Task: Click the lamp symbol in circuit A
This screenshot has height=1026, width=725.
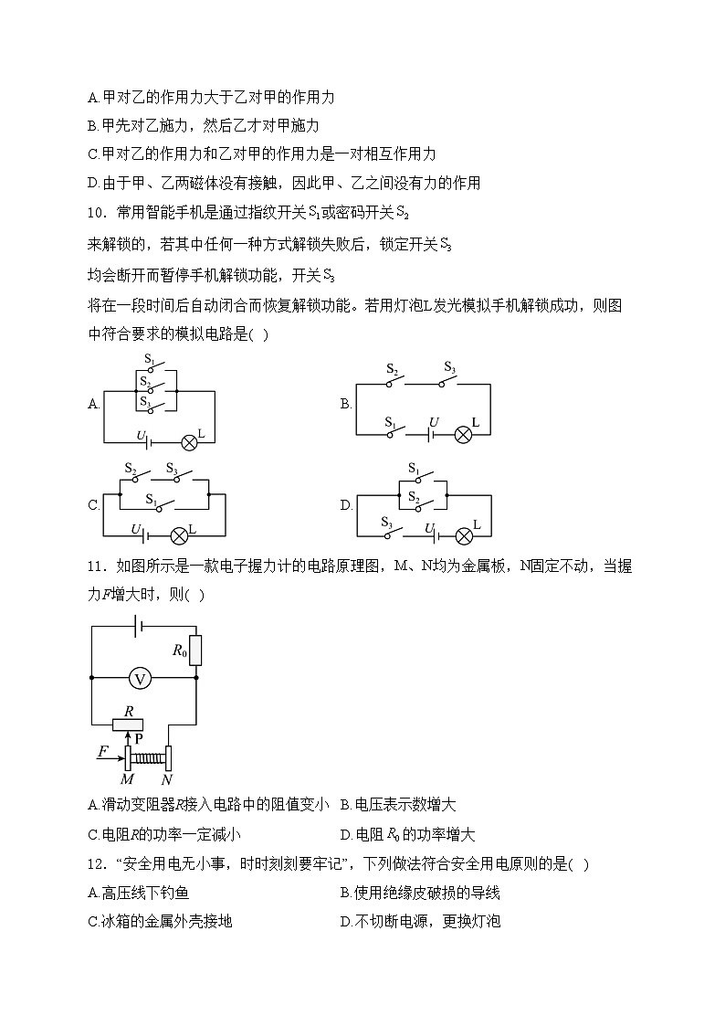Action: (x=189, y=442)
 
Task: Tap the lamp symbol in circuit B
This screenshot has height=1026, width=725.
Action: (x=463, y=434)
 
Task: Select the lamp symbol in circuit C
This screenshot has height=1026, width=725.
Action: (x=179, y=535)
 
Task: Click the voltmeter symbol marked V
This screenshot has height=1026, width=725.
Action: (x=140, y=678)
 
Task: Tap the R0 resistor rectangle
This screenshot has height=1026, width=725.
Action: (x=195, y=650)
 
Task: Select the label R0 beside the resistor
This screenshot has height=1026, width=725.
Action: (x=179, y=651)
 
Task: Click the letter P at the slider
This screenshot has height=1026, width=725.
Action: (x=140, y=737)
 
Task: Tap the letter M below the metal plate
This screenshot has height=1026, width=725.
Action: (x=127, y=779)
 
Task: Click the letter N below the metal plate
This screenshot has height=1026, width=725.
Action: (x=167, y=779)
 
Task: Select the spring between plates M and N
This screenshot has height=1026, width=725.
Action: (x=148, y=756)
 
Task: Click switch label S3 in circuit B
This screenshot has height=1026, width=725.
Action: (x=449, y=367)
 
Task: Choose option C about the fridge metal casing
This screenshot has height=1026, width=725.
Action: (x=160, y=921)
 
